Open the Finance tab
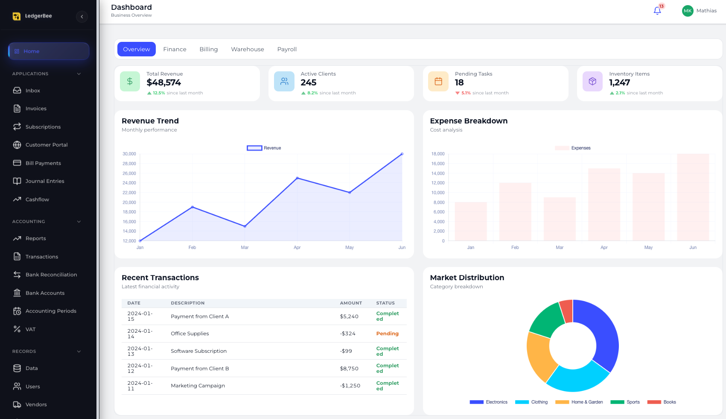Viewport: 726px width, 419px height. pyautogui.click(x=175, y=49)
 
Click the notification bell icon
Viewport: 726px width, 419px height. pyautogui.click(x=657, y=11)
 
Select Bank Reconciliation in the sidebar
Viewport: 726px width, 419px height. pyautogui.click(x=51, y=275)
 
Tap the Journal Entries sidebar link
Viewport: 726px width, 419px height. pyautogui.click(x=44, y=181)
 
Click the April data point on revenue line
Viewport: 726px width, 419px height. pyautogui.click(x=297, y=178)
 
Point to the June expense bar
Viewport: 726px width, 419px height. pyautogui.click(x=693, y=197)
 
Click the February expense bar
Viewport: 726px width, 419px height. pyautogui.click(x=515, y=211)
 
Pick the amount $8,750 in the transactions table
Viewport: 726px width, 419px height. pyautogui.click(x=349, y=369)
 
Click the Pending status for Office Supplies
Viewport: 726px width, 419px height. pyautogui.click(x=387, y=334)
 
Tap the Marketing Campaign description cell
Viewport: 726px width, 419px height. pyautogui.click(x=198, y=386)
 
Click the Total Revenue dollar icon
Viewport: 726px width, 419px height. pyautogui.click(x=130, y=82)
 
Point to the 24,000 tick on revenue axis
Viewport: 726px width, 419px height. pyautogui.click(x=129, y=183)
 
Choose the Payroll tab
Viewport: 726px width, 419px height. pyautogui.click(x=287, y=49)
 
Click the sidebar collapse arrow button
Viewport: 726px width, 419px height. pyautogui.click(x=82, y=17)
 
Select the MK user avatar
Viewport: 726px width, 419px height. pyautogui.click(x=688, y=11)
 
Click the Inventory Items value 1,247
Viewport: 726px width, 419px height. pyautogui.click(x=619, y=82)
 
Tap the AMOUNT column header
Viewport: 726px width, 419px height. pyautogui.click(x=351, y=303)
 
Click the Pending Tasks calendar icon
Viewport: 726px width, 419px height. pyautogui.click(x=438, y=82)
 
